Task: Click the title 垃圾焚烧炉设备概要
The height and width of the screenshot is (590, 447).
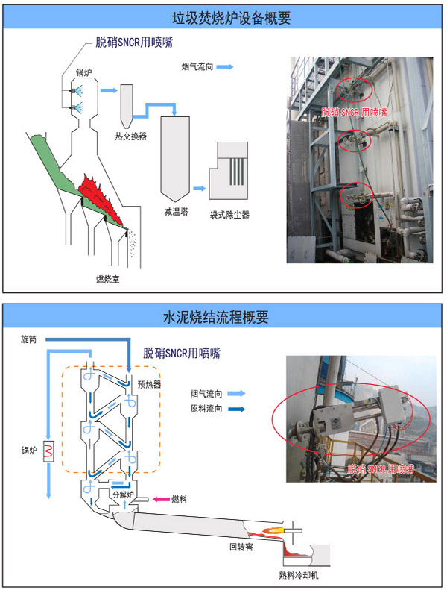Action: pos(223,17)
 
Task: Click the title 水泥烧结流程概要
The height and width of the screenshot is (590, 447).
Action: pos(223,316)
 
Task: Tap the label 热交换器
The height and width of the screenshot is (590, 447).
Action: pos(130,136)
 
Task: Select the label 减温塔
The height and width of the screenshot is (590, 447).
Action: pos(176,212)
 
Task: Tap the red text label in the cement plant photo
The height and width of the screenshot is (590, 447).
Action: pos(380,469)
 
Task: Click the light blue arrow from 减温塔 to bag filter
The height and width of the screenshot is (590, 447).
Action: pos(200,189)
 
